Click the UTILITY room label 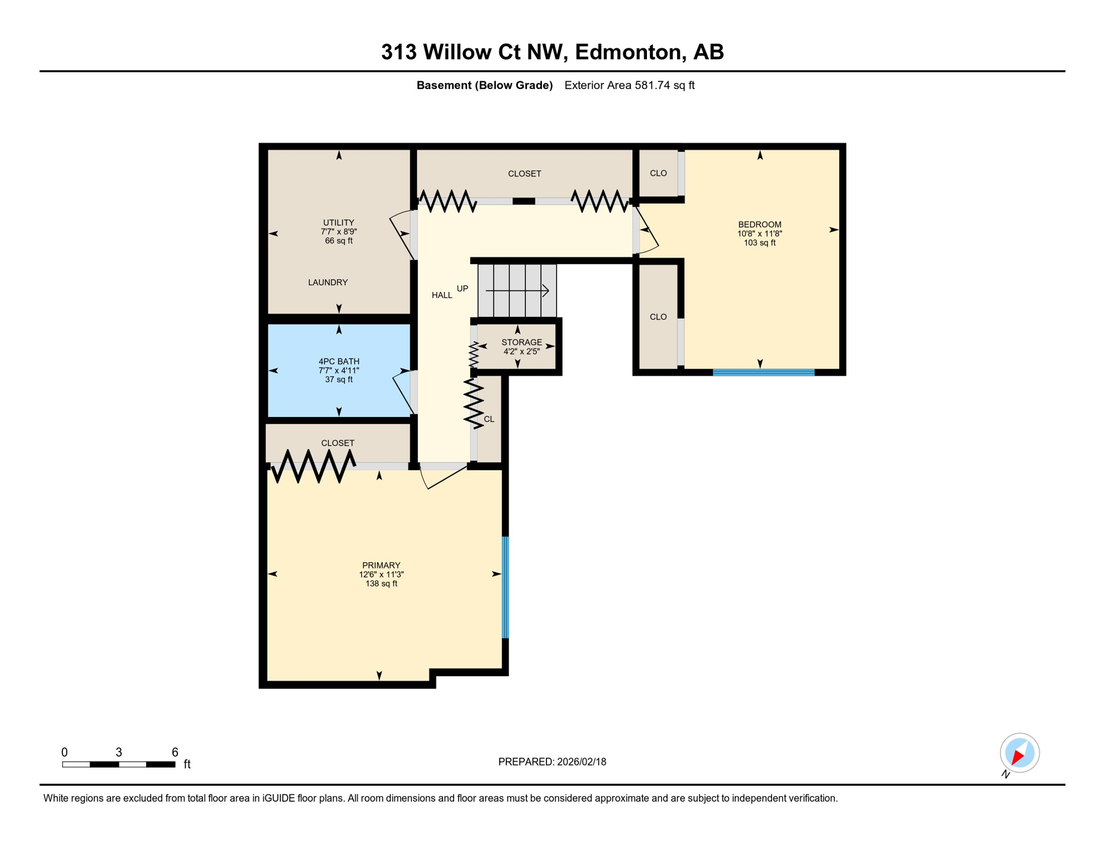339,222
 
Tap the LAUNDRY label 328,282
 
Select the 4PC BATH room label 339,361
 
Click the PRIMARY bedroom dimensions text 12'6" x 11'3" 381,574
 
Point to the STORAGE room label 521,342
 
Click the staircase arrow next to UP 517,290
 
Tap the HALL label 442,295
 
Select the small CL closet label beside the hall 489,419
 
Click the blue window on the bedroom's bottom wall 763,373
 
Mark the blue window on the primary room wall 505,587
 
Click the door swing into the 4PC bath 402,392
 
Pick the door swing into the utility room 401,235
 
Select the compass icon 1019,753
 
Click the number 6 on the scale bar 175,752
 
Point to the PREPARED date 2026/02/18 551,762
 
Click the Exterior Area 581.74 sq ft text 629,85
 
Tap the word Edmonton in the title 628,52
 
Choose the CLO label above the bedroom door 658,173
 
